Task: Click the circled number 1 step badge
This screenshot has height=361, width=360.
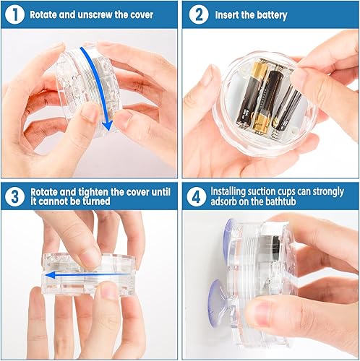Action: (15, 14)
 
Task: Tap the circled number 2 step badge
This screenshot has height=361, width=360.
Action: (197, 14)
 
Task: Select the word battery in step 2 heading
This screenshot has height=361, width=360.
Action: (268, 14)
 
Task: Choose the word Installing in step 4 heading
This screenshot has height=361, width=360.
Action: (230, 192)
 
